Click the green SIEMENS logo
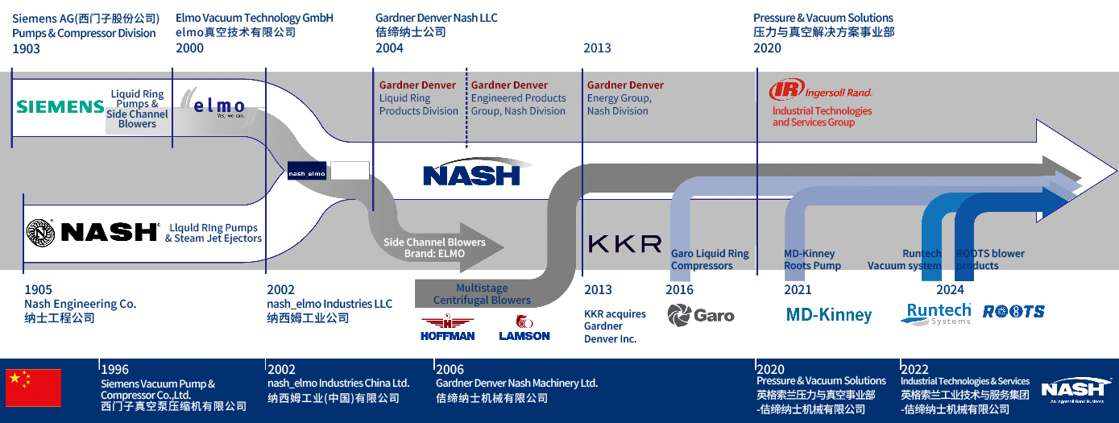(60, 106)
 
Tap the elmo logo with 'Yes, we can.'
(218, 106)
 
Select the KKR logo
(624, 243)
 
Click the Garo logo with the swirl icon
(701, 314)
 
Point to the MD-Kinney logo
(829, 314)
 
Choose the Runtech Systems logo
(935, 313)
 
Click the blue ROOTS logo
(1013, 311)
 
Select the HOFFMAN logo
(448, 328)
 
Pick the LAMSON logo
(524, 328)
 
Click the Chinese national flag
(34, 388)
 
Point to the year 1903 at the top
(26, 48)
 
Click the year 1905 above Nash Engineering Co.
(38, 290)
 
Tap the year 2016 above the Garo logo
(680, 290)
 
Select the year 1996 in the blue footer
(114, 370)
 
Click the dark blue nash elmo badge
(307, 171)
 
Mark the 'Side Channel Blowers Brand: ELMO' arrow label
(435, 247)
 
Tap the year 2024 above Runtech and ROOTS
(950, 290)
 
